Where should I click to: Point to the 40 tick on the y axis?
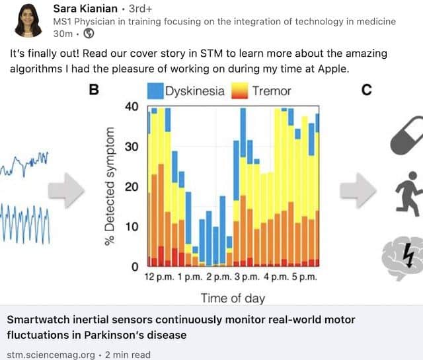tap(132, 107)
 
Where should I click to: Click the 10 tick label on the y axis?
tap(132, 227)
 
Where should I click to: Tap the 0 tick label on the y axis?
tap(134, 267)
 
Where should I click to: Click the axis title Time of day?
tap(233, 298)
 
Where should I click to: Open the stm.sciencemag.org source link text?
tap(50, 354)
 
